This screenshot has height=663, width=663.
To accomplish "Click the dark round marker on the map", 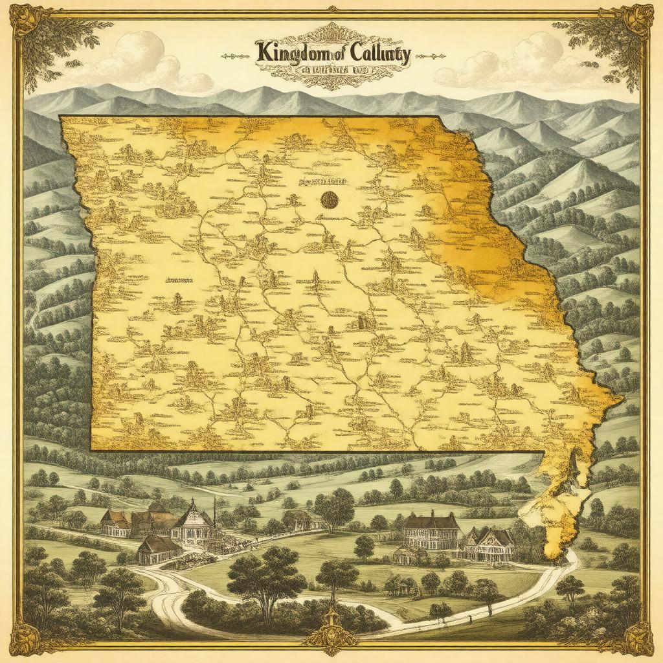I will [330, 199].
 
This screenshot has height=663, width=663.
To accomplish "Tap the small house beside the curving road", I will [157, 549].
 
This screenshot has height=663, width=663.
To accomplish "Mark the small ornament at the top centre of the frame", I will [331, 8].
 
